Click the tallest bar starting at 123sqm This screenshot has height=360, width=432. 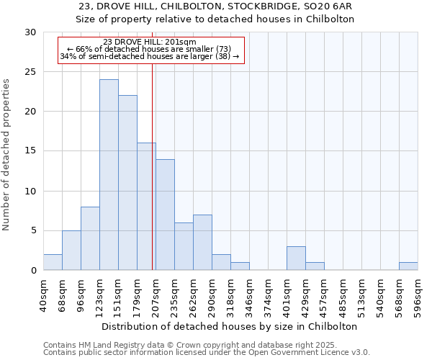pyautogui.click(x=109, y=175)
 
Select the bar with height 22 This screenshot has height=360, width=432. pyautogui.click(x=127, y=183)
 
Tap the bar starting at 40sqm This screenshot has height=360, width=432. pyautogui.click(x=53, y=262)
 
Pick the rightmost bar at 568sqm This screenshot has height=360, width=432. pyautogui.click(x=408, y=266)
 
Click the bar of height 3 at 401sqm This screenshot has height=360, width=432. pyautogui.click(x=296, y=258)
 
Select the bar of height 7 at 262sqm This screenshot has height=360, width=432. pyautogui.click(x=202, y=243)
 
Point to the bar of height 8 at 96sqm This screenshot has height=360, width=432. pyautogui.click(x=90, y=238)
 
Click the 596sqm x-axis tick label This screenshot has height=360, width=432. pyautogui.click(x=418, y=295)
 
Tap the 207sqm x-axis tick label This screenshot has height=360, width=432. pyautogui.click(x=156, y=295)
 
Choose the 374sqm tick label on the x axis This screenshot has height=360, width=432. pyautogui.click(x=268, y=295)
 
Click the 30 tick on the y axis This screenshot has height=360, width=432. pyautogui.click(x=30, y=32)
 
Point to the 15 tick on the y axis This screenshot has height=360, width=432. pyautogui.click(x=30, y=151)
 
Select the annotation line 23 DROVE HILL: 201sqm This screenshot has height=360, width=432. pyautogui.click(x=150, y=42)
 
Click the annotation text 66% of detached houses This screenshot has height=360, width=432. pyautogui.click(x=150, y=49)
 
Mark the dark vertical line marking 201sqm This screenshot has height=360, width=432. pyautogui.click(x=153, y=166)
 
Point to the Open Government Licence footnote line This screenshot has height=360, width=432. pyautogui.click(x=207, y=353)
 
